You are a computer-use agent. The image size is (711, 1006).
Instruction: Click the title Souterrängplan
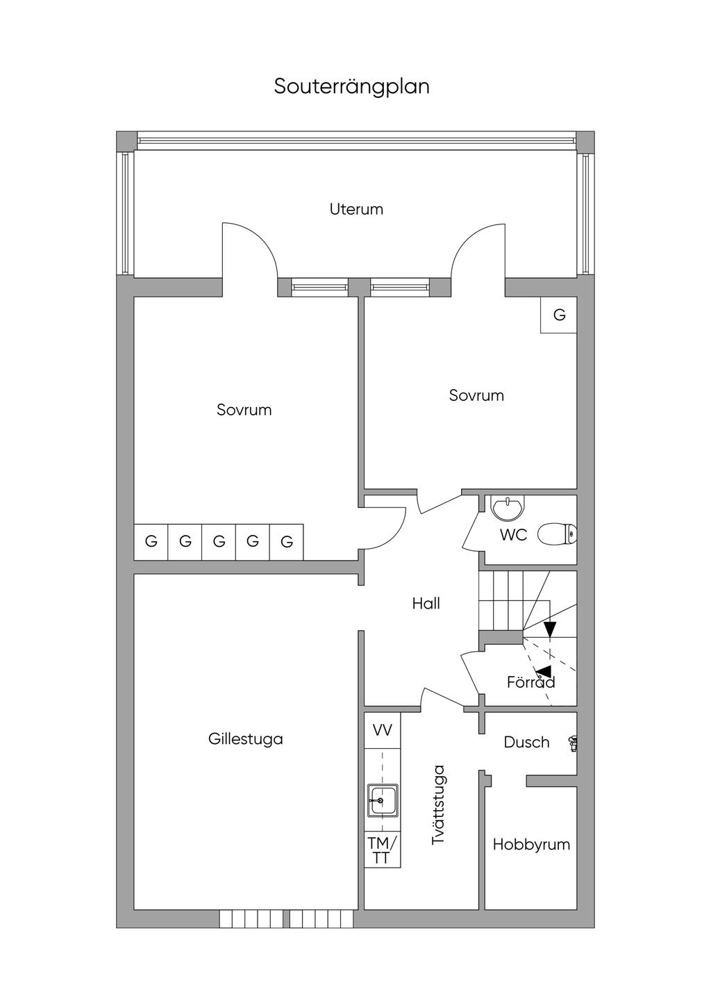click(351, 87)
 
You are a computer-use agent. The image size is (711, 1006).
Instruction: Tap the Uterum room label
click(356, 209)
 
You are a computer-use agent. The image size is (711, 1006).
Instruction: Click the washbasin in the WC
click(508, 508)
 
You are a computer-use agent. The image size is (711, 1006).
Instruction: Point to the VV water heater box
click(383, 730)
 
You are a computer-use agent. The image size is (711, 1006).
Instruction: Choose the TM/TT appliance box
click(382, 850)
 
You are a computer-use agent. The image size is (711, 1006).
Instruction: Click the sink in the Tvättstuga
click(383, 800)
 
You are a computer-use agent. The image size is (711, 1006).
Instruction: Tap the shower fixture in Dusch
click(573, 743)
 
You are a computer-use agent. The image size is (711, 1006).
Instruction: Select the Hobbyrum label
click(531, 845)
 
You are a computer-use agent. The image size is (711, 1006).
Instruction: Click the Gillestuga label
click(246, 739)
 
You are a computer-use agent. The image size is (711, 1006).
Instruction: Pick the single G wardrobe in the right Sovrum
click(559, 315)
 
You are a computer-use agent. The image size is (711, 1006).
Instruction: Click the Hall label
click(426, 604)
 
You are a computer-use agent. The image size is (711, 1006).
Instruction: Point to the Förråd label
click(530, 682)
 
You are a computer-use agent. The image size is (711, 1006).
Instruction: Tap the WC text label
click(513, 535)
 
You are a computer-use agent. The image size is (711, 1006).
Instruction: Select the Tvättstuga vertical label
click(438, 805)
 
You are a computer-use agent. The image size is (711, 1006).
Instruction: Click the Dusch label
click(526, 743)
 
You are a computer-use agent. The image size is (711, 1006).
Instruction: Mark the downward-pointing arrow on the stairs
click(550, 629)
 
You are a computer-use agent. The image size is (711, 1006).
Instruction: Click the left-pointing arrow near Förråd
click(544, 672)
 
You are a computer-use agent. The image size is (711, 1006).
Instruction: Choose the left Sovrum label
click(244, 410)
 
